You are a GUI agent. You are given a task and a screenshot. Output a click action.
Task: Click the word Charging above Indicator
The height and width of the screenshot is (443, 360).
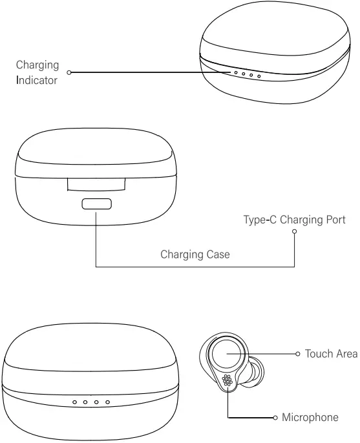click(x=37, y=65)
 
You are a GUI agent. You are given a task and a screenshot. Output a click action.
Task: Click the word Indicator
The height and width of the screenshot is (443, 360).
click(x=37, y=80)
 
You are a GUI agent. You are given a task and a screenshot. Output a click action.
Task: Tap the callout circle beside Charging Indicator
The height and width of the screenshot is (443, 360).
click(x=69, y=72)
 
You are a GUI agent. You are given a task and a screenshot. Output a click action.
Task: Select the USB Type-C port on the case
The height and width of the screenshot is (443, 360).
click(x=97, y=204)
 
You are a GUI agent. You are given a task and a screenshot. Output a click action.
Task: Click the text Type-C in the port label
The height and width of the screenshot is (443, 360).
click(x=260, y=220)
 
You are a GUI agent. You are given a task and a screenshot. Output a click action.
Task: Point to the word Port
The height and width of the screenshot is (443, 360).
click(x=335, y=220)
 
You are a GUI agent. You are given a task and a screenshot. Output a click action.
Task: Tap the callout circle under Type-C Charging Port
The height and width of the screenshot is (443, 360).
click(x=294, y=231)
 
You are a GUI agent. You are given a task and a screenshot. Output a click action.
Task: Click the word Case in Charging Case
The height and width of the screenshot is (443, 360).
click(x=218, y=254)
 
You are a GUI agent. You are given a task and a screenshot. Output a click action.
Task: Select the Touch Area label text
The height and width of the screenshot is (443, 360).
click(x=331, y=354)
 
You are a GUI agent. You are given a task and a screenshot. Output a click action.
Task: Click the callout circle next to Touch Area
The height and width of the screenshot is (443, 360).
click(x=297, y=354)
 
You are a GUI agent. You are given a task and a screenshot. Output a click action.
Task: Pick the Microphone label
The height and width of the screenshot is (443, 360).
click(x=310, y=417)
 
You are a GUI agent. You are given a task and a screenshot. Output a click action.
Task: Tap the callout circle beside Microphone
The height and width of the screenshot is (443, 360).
click(x=275, y=418)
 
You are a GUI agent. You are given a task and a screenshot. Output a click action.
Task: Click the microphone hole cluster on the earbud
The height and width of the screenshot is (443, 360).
click(x=228, y=380)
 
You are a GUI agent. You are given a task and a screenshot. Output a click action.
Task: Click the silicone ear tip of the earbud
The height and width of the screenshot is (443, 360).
click(x=257, y=371)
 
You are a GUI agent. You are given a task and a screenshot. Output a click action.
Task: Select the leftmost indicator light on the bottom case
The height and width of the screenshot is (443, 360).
click(x=75, y=402)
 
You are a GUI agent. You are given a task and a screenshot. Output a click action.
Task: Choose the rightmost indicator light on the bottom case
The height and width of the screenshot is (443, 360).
click(x=107, y=402)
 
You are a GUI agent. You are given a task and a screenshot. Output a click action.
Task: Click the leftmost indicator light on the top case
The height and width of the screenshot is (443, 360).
click(x=236, y=72)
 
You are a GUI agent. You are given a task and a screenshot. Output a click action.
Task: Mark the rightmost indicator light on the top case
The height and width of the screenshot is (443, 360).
click(x=259, y=76)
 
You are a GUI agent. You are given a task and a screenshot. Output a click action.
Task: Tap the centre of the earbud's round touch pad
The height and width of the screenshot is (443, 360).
click(x=227, y=353)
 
